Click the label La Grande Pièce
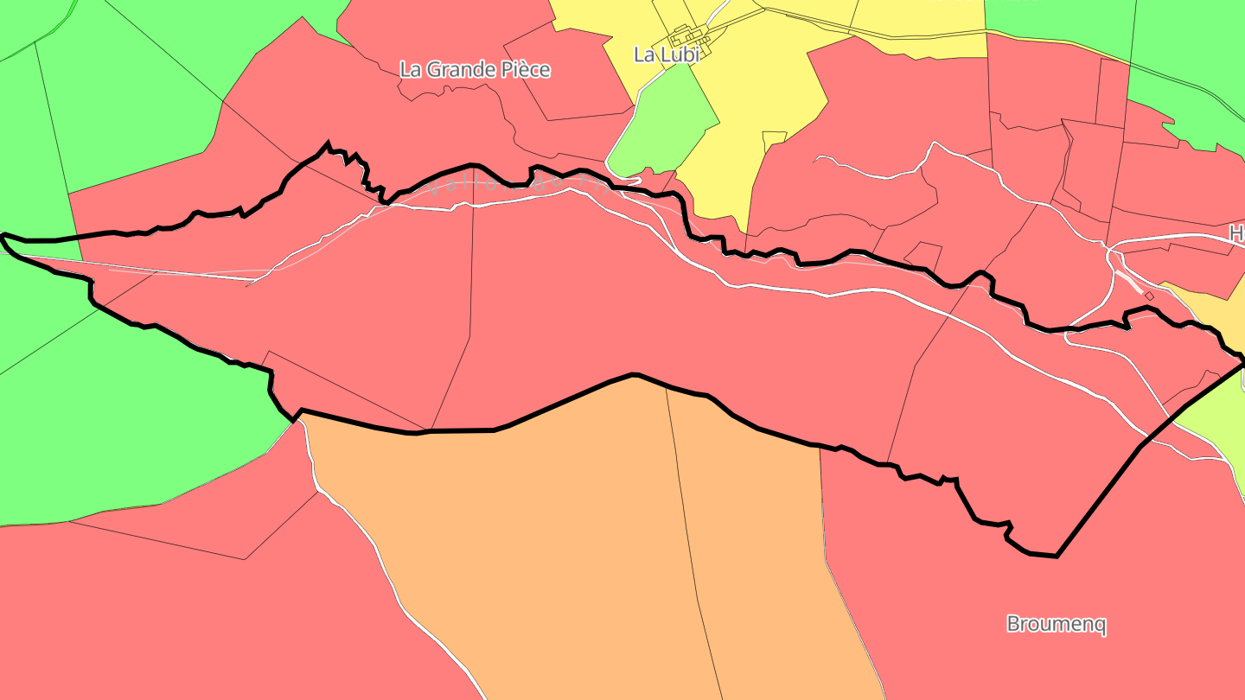tap(475, 70)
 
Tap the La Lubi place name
tap(666, 54)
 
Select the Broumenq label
tap(1057, 624)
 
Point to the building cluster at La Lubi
tap(692, 40)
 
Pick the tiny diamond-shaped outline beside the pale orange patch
tap(1149, 296)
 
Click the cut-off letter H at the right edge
tap(1236, 233)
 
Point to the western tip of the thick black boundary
tap(3, 235)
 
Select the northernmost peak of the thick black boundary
tap(328, 143)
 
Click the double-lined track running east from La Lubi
tap(908, 35)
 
